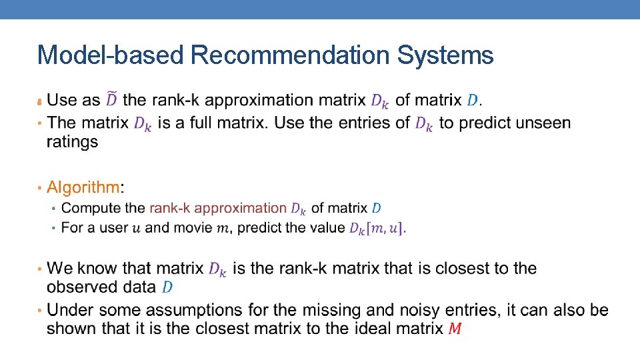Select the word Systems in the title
tap(445, 55)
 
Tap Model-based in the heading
tap(110, 55)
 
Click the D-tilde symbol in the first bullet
tap(111, 99)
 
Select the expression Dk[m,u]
tap(376, 228)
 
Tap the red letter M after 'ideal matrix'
tap(455, 329)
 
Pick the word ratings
tap(72, 141)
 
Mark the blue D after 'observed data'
tap(167, 287)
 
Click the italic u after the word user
tap(137, 229)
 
